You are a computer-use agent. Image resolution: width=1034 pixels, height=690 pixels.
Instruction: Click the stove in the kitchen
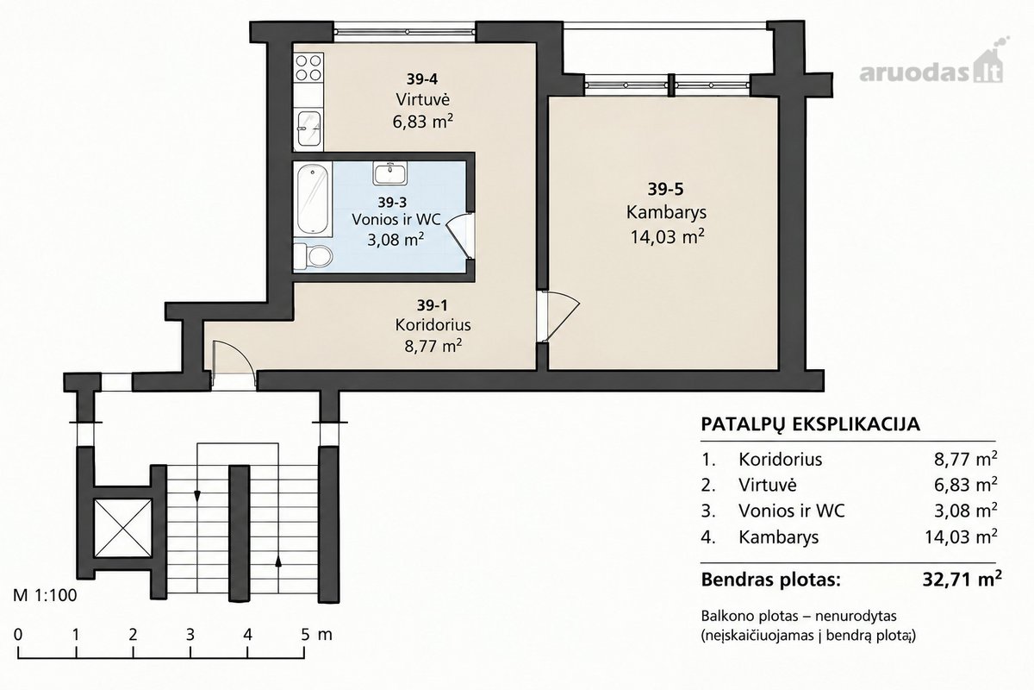point(308,67)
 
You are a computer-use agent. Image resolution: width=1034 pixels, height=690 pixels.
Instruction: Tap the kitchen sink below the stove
point(308,128)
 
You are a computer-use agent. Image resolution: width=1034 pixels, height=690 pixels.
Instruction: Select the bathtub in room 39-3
point(313,199)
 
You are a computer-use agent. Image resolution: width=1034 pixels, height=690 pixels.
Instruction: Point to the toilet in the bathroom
point(314,255)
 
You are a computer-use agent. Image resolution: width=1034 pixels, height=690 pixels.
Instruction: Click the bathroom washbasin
point(390,173)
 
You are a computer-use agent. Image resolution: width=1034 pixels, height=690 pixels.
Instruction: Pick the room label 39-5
point(665,189)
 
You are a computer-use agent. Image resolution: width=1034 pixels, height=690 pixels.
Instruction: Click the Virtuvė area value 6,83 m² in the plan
point(422,122)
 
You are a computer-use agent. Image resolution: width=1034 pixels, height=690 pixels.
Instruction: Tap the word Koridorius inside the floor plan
point(433,325)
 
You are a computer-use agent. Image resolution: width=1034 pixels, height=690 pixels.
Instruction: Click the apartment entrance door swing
point(234,363)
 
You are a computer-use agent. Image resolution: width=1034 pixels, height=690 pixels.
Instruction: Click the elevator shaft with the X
point(122,528)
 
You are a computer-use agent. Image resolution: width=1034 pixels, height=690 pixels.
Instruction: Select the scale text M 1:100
point(45,595)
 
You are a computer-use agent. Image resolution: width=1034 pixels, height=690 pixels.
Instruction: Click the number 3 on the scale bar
point(190,635)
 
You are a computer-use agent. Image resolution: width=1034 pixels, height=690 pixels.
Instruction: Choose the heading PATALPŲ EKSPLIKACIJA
point(811,423)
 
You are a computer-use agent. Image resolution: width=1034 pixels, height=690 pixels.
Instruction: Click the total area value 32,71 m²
point(962,579)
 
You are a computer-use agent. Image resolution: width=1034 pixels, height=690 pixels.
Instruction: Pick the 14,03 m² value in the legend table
point(961,537)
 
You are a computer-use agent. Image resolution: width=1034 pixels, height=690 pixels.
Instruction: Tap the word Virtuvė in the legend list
point(768,485)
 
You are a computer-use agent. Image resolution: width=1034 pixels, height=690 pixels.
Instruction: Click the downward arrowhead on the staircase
point(197,496)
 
